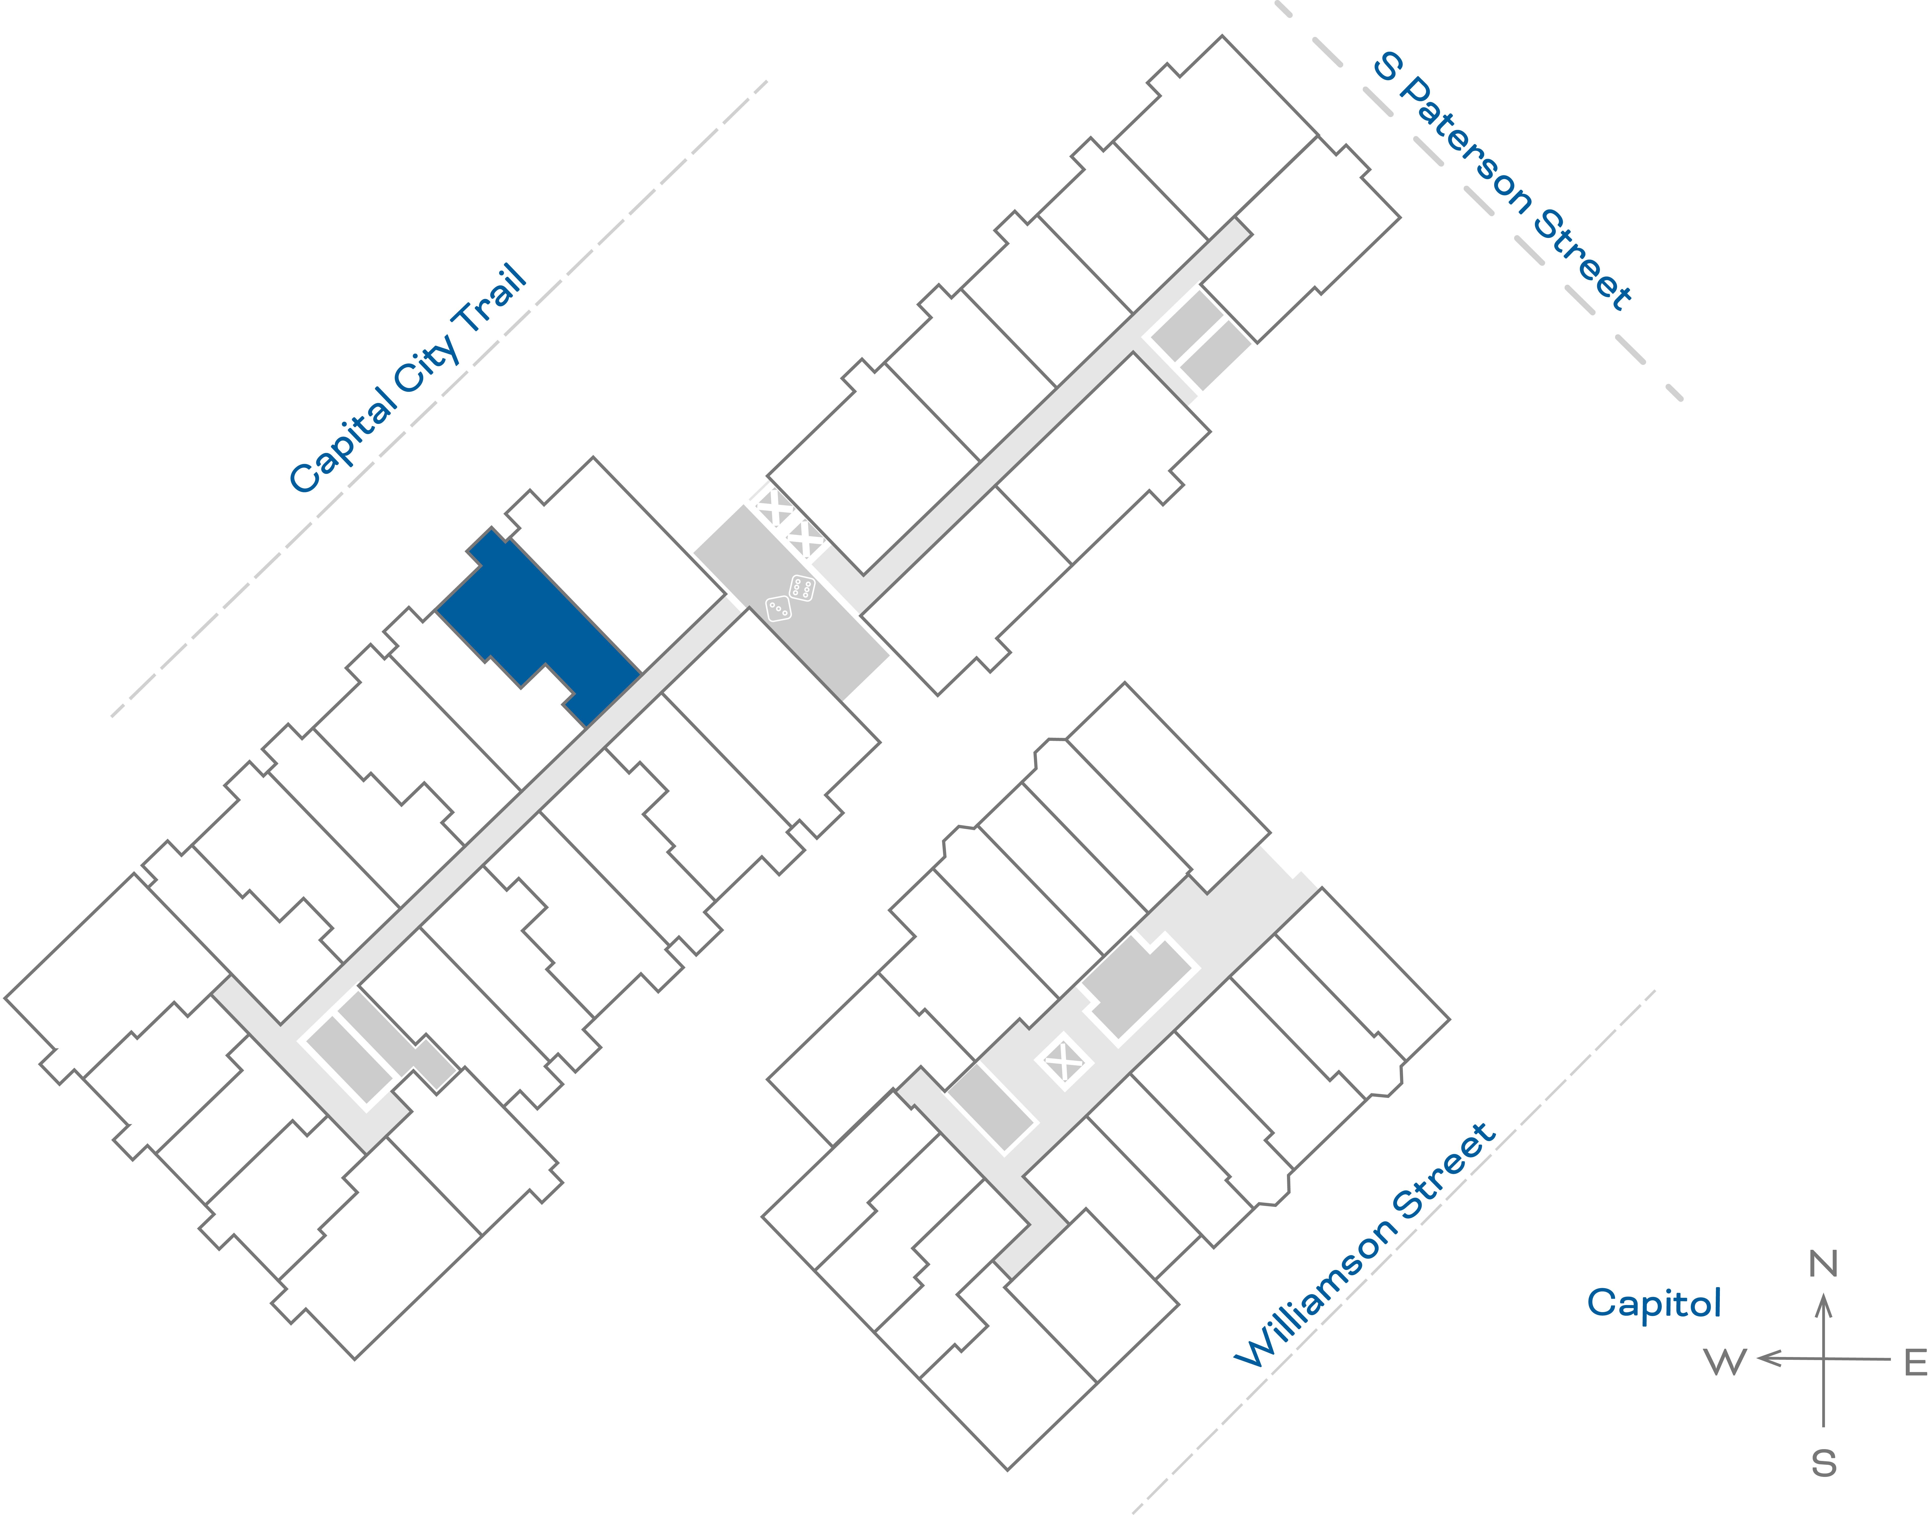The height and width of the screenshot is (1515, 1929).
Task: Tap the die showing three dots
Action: coord(778,608)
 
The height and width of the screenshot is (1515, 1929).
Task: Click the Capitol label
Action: coord(1653,1303)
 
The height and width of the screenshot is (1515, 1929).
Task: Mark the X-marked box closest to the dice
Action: coord(805,539)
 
